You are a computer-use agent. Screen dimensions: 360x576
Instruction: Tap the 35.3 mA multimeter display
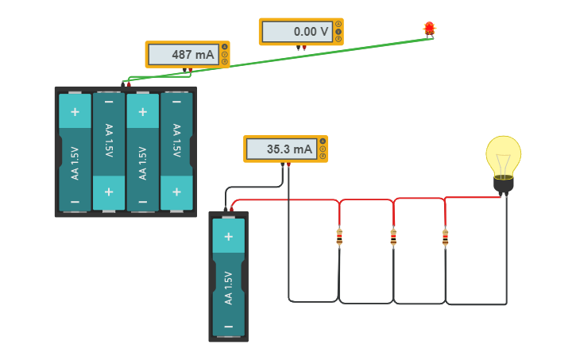[x=280, y=149]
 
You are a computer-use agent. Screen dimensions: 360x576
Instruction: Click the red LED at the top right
[x=429, y=29]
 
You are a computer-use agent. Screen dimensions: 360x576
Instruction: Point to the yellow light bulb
[x=504, y=157]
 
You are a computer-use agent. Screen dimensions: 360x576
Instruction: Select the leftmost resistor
[x=339, y=237]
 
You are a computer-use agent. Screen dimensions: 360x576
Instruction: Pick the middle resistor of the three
[x=393, y=237]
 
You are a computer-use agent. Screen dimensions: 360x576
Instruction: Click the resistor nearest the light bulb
[x=445, y=237]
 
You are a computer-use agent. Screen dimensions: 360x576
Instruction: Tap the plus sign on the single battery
[x=228, y=236]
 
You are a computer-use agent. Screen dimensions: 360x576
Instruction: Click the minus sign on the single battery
[x=228, y=327]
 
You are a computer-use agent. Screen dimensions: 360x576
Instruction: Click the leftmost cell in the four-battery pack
[x=75, y=152]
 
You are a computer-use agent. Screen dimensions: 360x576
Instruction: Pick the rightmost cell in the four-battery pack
[x=176, y=152]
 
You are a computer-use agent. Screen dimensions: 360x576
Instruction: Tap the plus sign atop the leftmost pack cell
[x=75, y=111]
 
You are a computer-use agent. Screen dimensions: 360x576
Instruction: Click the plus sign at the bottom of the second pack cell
[x=109, y=192]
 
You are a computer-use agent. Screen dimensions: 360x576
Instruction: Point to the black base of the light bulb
[x=504, y=185]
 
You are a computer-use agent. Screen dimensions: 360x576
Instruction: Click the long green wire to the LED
[x=318, y=57]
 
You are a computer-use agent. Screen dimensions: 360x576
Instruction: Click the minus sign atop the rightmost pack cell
[x=176, y=102]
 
